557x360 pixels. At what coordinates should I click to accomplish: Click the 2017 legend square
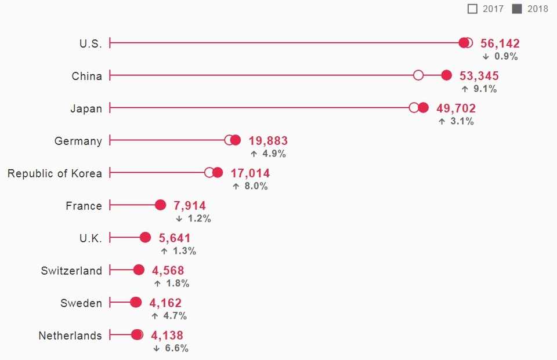pos(472,9)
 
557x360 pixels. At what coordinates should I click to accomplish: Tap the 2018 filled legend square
pos(517,9)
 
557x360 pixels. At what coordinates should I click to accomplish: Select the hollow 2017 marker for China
pos(418,75)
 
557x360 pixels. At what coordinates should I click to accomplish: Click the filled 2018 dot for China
pos(446,75)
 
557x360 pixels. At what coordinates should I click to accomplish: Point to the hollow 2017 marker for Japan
pos(414,108)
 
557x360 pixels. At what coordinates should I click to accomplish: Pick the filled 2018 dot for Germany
pos(236,140)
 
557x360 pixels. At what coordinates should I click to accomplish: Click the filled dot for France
pos(161,205)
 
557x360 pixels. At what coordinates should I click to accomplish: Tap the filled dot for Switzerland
pos(139,270)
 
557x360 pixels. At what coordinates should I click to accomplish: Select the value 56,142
pos(500,43)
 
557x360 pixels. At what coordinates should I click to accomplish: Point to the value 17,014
pos(250,173)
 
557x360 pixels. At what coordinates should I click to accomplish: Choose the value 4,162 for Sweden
pos(165,303)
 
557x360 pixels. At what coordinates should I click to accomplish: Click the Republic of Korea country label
pos(55,173)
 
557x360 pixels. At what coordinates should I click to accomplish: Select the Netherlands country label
pos(70,336)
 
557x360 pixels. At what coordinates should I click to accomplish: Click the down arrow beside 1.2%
pos(179,219)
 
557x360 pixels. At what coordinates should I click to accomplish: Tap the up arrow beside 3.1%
pos(442,122)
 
